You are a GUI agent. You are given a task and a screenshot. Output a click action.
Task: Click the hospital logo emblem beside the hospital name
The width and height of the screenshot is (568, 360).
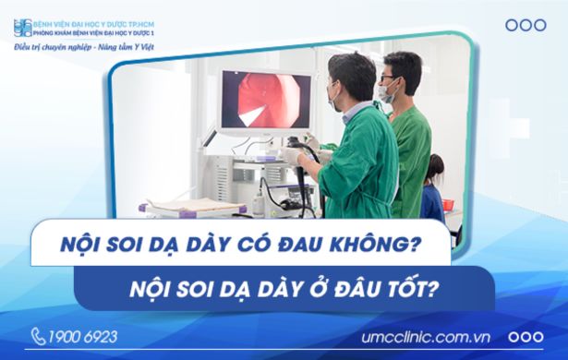pos(20,28)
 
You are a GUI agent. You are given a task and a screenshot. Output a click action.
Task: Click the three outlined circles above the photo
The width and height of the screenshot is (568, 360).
pos(526,25)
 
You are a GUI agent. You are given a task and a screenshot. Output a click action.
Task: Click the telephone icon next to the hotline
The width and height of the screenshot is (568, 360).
pos(39,337)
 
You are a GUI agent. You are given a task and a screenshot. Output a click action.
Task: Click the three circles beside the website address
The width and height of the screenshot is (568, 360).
pos(526,337)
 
